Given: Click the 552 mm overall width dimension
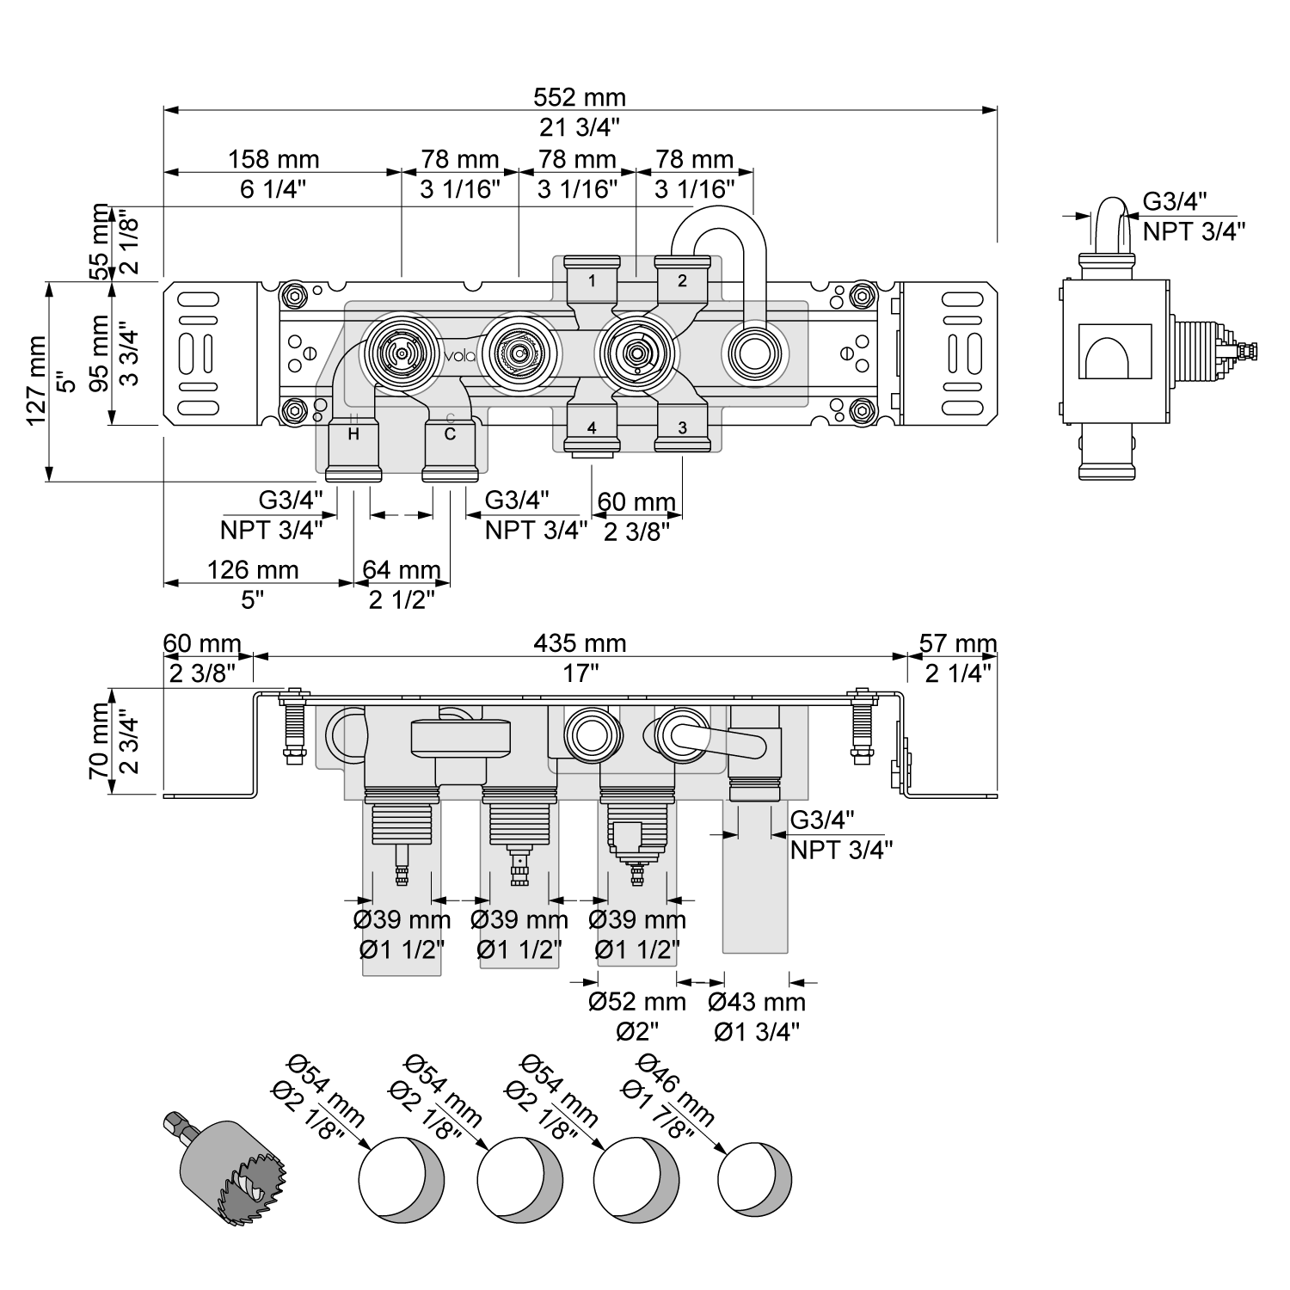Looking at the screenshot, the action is pos(580,97).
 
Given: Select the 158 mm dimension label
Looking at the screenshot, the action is pos(273,159).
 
